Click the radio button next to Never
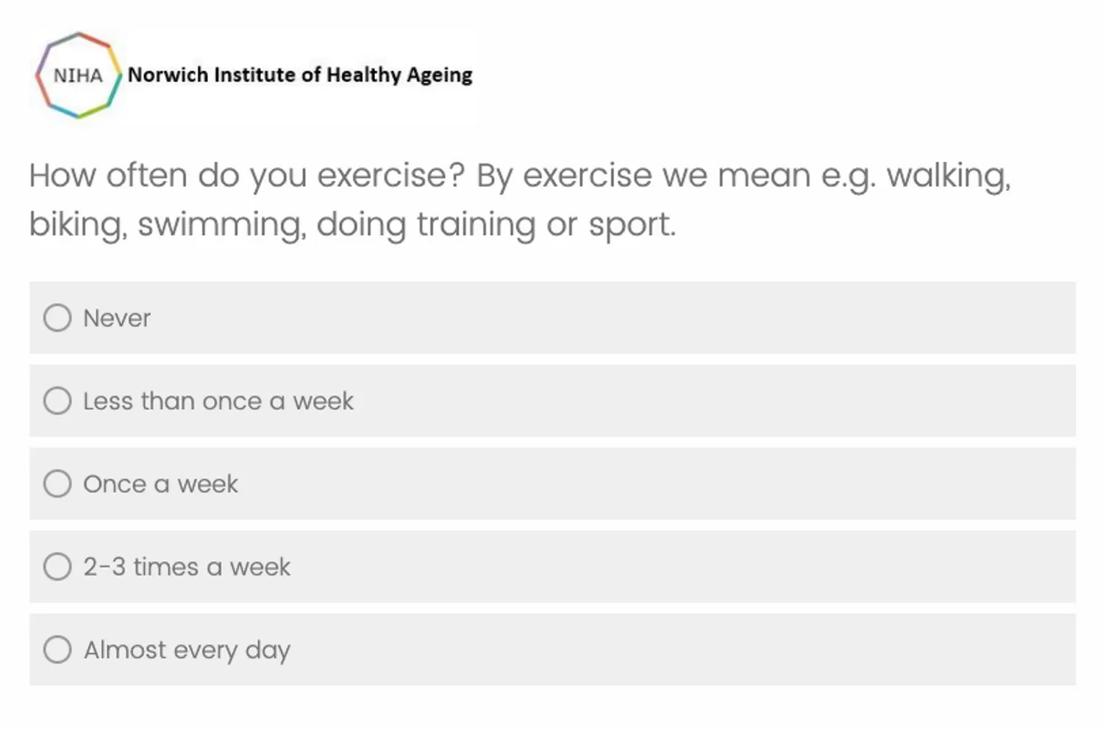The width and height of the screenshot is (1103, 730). (57, 317)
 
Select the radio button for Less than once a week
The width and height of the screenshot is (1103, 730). (57, 400)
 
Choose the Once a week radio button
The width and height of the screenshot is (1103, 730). (57, 483)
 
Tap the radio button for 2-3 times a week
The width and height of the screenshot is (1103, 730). (57, 566)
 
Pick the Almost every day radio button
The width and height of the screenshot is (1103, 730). (57, 649)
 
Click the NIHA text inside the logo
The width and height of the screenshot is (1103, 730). (78, 76)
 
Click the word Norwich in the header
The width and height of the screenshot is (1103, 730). (168, 75)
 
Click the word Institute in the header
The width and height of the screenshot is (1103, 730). (254, 75)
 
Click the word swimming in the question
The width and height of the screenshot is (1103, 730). (222, 225)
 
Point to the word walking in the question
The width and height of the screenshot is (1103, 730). (949, 176)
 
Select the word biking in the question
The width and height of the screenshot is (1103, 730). (78, 225)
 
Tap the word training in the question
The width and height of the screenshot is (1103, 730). (476, 225)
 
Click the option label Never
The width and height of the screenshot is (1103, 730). (117, 318)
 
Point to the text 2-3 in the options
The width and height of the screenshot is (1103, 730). (104, 567)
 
